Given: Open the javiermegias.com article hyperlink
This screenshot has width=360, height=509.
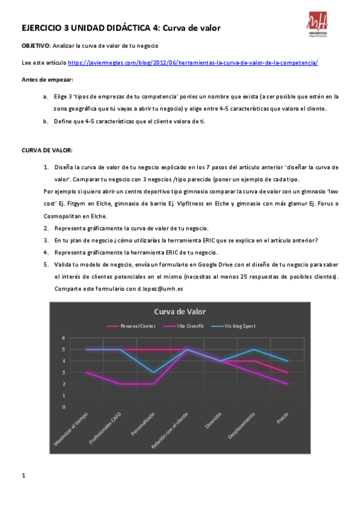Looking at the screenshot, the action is click(x=192, y=62).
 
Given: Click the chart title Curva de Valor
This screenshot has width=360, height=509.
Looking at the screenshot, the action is click(x=180, y=312).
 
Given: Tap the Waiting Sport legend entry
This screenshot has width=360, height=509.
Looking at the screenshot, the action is click(x=239, y=326).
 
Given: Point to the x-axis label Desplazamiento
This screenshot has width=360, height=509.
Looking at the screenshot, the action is click(x=245, y=427).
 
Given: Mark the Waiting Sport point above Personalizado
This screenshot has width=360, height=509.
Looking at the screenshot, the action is click(x=154, y=372).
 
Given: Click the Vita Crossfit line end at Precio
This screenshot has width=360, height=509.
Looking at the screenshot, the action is click(x=288, y=384).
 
